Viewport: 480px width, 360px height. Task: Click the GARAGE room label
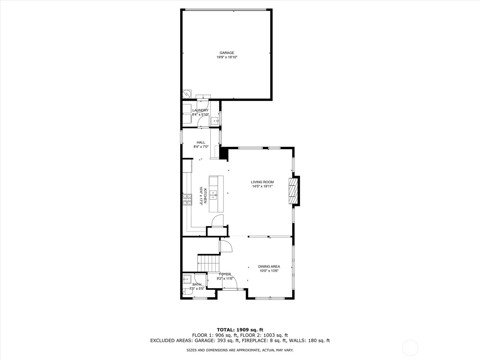click(x=227, y=53)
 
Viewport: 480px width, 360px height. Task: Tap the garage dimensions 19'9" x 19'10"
click(x=227, y=57)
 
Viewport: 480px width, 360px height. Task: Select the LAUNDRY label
click(x=200, y=110)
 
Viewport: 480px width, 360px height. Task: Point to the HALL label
click(x=201, y=142)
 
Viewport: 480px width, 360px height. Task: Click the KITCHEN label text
click(x=205, y=196)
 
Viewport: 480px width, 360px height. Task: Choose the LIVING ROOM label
click(x=262, y=182)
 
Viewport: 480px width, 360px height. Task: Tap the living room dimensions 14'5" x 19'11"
click(x=262, y=186)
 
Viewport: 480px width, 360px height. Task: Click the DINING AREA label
click(x=269, y=266)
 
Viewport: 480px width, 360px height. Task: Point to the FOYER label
click(x=225, y=274)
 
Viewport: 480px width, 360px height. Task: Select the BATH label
click(x=197, y=285)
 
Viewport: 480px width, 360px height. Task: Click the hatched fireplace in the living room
click(x=293, y=191)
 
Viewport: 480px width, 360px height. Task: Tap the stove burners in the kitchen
click(x=187, y=199)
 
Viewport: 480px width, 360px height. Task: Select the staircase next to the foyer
click(x=208, y=264)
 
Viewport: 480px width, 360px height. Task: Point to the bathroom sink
click(x=187, y=279)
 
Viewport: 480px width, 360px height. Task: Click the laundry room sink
click(x=215, y=121)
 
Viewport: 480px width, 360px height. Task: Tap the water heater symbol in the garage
click(x=187, y=94)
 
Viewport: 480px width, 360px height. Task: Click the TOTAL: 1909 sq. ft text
click(x=240, y=330)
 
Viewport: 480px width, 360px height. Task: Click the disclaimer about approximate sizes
click(x=240, y=350)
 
